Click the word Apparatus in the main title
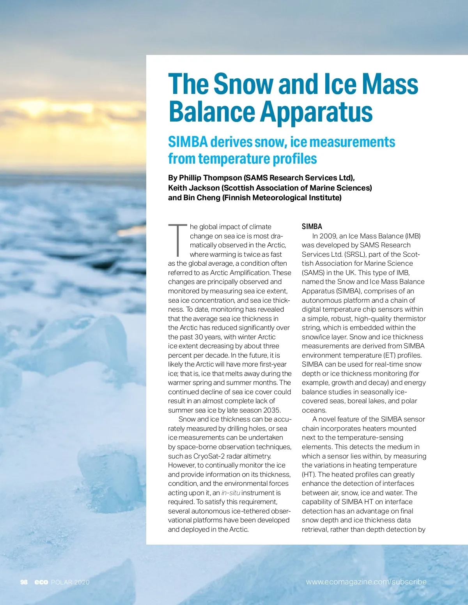(316, 112)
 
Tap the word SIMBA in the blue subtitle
(188, 142)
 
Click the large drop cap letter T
(177, 240)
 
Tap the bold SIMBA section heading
(312, 226)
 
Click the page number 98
(24, 582)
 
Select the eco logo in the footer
(41, 582)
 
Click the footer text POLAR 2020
(70, 582)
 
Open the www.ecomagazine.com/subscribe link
(366, 582)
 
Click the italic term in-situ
(230, 493)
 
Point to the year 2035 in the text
(272, 410)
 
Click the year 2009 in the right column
(328, 236)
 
